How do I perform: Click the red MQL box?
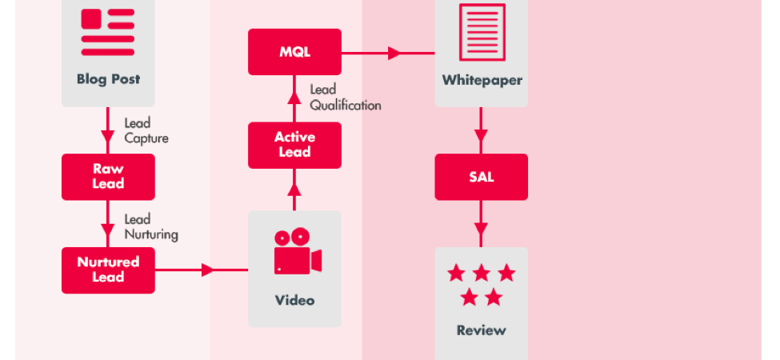click(294, 52)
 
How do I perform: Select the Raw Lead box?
click(108, 177)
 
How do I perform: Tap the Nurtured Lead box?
click(108, 270)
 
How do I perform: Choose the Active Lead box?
click(294, 145)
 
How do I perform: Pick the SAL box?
click(481, 177)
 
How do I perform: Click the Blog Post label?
click(109, 79)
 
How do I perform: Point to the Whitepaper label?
click(482, 81)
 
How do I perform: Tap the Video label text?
click(294, 300)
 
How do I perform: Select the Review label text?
click(481, 330)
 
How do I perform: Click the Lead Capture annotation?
click(146, 130)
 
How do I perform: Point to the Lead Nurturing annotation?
click(150, 226)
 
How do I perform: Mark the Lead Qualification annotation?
click(346, 98)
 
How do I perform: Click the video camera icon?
click(298, 251)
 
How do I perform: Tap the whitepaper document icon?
click(482, 32)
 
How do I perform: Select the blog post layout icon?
click(108, 32)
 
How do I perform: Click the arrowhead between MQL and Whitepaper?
click(394, 54)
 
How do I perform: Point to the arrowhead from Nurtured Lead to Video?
click(207, 270)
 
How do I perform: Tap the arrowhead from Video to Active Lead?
click(294, 190)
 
